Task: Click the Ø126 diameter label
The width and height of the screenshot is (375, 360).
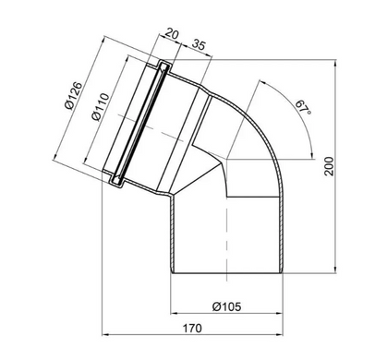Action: coord(74,95)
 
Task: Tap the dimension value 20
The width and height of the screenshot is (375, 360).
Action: coord(172,33)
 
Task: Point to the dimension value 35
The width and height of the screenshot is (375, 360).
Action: coord(199,44)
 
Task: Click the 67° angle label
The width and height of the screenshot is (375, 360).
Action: coord(303,108)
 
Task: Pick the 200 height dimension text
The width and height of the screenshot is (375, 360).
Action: coord(329,166)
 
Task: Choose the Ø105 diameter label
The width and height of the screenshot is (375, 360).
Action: coord(227,306)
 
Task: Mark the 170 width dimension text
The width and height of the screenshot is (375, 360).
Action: coord(192,328)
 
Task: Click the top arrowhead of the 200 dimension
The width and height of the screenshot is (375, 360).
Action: coord(335,63)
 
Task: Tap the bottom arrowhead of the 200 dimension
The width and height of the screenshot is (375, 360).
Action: coord(335,270)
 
